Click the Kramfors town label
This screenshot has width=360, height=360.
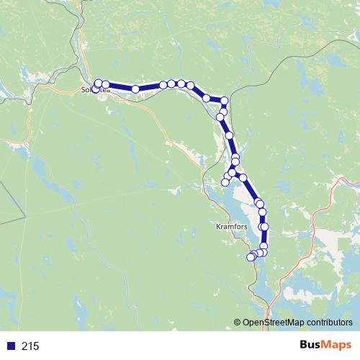pyautogui.click(x=232, y=225)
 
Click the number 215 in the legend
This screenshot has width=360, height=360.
pyautogui.click(x=30, y=346)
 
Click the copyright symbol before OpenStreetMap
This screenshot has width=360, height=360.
pyautogui.click(x=238, y=323)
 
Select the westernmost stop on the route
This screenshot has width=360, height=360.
pyautogui.click(x=95, y=89)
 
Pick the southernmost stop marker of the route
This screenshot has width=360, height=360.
pyautogui.click(x=251, y=257)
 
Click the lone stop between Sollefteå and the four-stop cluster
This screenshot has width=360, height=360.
pyautogui.click(x=135, y=89)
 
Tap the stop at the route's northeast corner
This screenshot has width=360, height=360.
pyautogui.click(x=225, y=101)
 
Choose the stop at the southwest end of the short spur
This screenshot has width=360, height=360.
pyautogui.click(x=225, y=182)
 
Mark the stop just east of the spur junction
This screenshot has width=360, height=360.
pyautogui.click(x=243, y=177)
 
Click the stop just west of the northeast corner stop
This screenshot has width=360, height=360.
pyautogui.click(x=207, y=98)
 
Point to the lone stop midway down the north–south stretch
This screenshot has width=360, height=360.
pyautogui.click(x=229, y=135)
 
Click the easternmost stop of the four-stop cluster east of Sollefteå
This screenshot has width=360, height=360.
pyautogui.click(x=190, y=85)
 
